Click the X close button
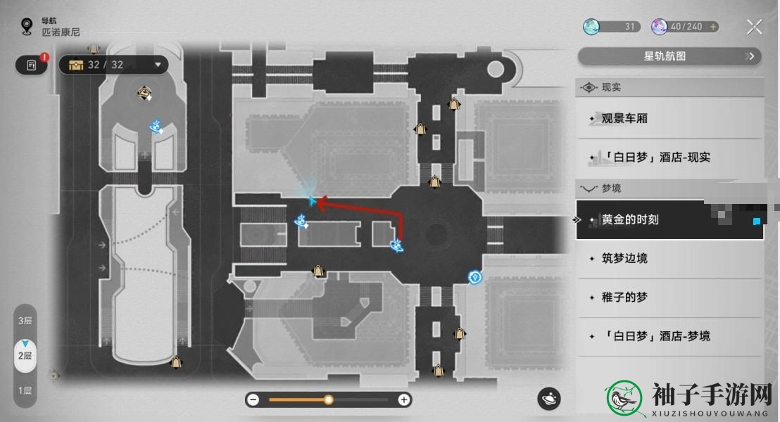coord(754,27)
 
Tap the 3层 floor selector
coord(25,321)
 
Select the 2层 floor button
coord(25,355)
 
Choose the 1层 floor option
coord(25,390)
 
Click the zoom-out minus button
coord(253,399)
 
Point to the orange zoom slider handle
coord(328,399)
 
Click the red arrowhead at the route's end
coord(321,203)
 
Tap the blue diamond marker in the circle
coord(475,277)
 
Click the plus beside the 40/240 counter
coord(713,27)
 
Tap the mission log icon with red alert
coord(32,65)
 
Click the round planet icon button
coord(549,399)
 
